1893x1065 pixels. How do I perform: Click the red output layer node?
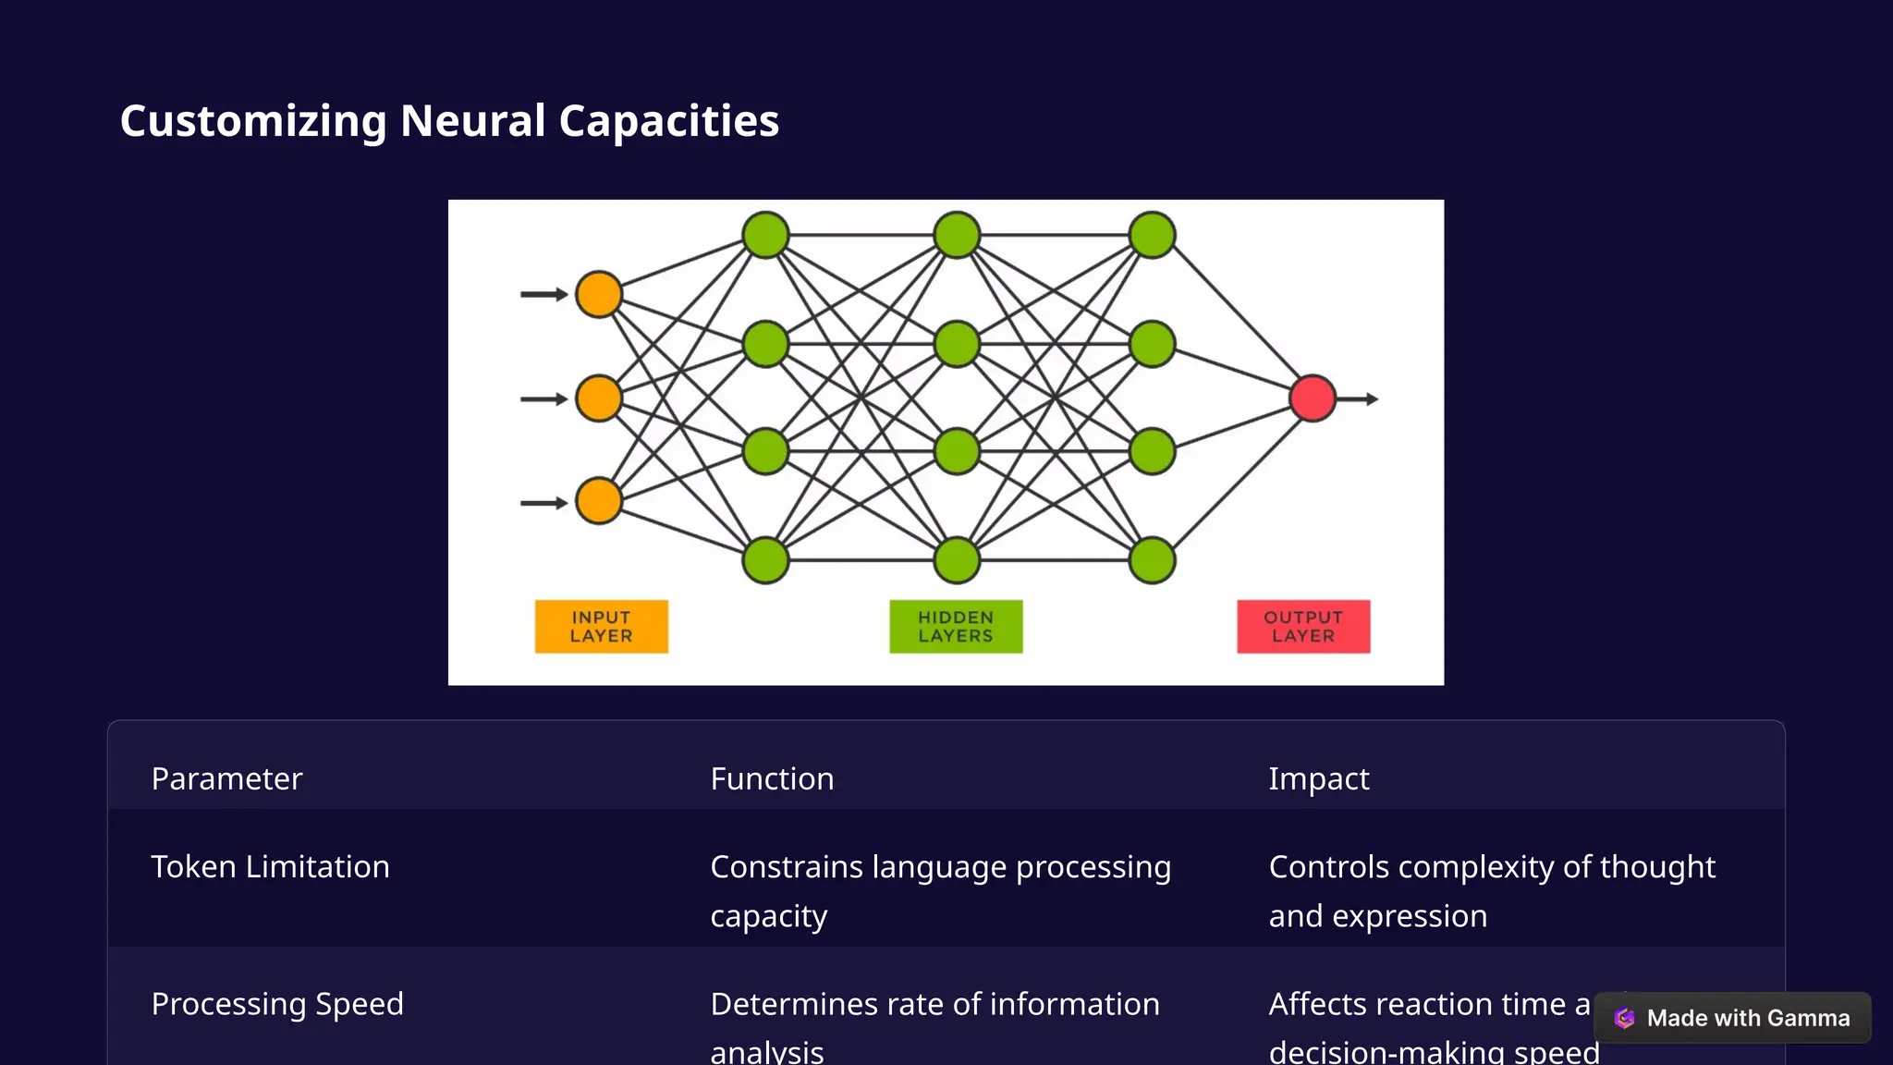[1313, 398]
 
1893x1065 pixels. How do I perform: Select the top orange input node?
[599, 294]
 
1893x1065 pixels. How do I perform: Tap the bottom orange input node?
[599, 502]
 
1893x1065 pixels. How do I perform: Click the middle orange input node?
[599, 398]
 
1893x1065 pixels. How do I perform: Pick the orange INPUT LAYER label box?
[601, 627]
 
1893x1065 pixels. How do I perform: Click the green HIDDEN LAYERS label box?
[956, 627]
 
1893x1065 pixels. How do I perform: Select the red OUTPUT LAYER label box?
[1303, 627]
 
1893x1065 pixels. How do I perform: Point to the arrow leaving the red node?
[1359, 399]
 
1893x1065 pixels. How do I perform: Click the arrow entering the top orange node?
[543, 294]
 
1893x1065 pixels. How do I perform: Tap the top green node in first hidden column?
[765, 235]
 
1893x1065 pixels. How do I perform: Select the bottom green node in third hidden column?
[1152, 560]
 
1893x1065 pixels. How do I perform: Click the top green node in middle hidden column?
[957, 235]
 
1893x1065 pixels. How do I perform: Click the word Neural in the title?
[472, 121]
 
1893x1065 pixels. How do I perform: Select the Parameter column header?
[226, 778]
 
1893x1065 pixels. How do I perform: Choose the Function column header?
[772, 778]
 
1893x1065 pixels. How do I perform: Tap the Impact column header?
[1318, 778]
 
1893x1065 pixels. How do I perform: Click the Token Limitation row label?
[270, 867]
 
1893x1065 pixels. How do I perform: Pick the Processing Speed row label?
[277, 1004]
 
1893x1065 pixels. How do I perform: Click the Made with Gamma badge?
[1732, 1018]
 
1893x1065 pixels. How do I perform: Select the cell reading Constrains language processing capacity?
[940, 891]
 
